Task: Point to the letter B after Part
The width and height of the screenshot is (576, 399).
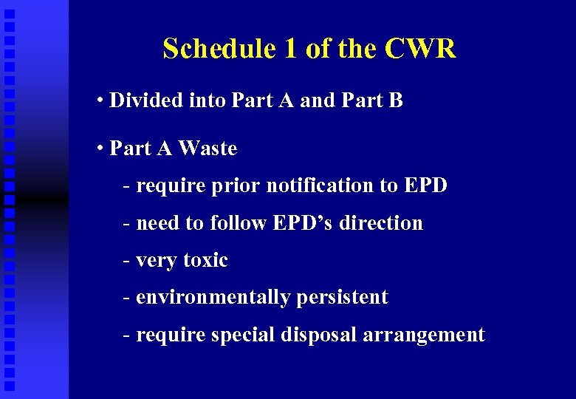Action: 396,100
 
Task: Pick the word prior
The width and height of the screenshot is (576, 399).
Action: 234,185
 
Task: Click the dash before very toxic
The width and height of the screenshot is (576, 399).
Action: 127,260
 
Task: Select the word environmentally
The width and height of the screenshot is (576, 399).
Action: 213,297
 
